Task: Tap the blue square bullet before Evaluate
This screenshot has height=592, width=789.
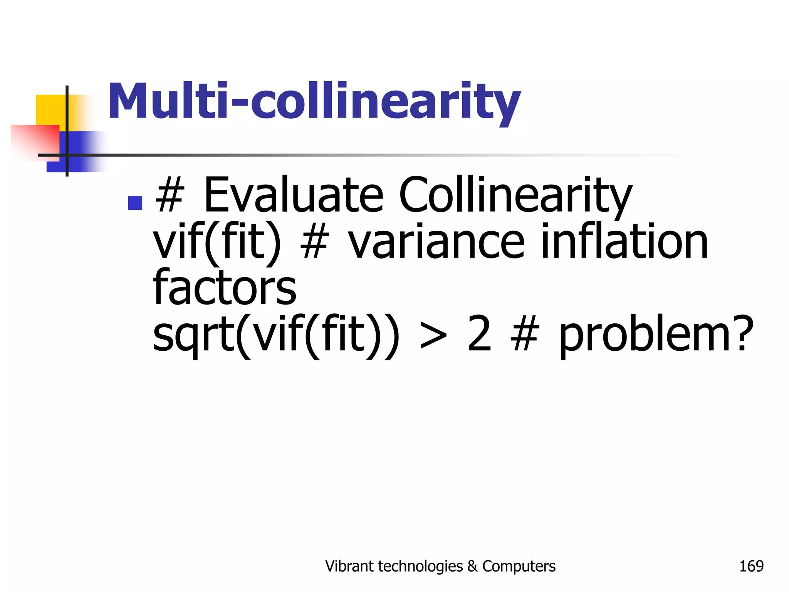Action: point(135,203)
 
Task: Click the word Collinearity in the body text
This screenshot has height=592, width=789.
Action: point(515,195)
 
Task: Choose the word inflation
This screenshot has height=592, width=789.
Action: point(624,242)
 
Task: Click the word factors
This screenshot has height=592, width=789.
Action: point(225,287)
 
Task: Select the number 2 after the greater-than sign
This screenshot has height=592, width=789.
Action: point(479,334)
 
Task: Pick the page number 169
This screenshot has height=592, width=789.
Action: point(751,566)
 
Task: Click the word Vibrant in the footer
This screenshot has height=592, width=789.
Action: point(349,566)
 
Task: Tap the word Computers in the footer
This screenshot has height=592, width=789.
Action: point(519,566)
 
